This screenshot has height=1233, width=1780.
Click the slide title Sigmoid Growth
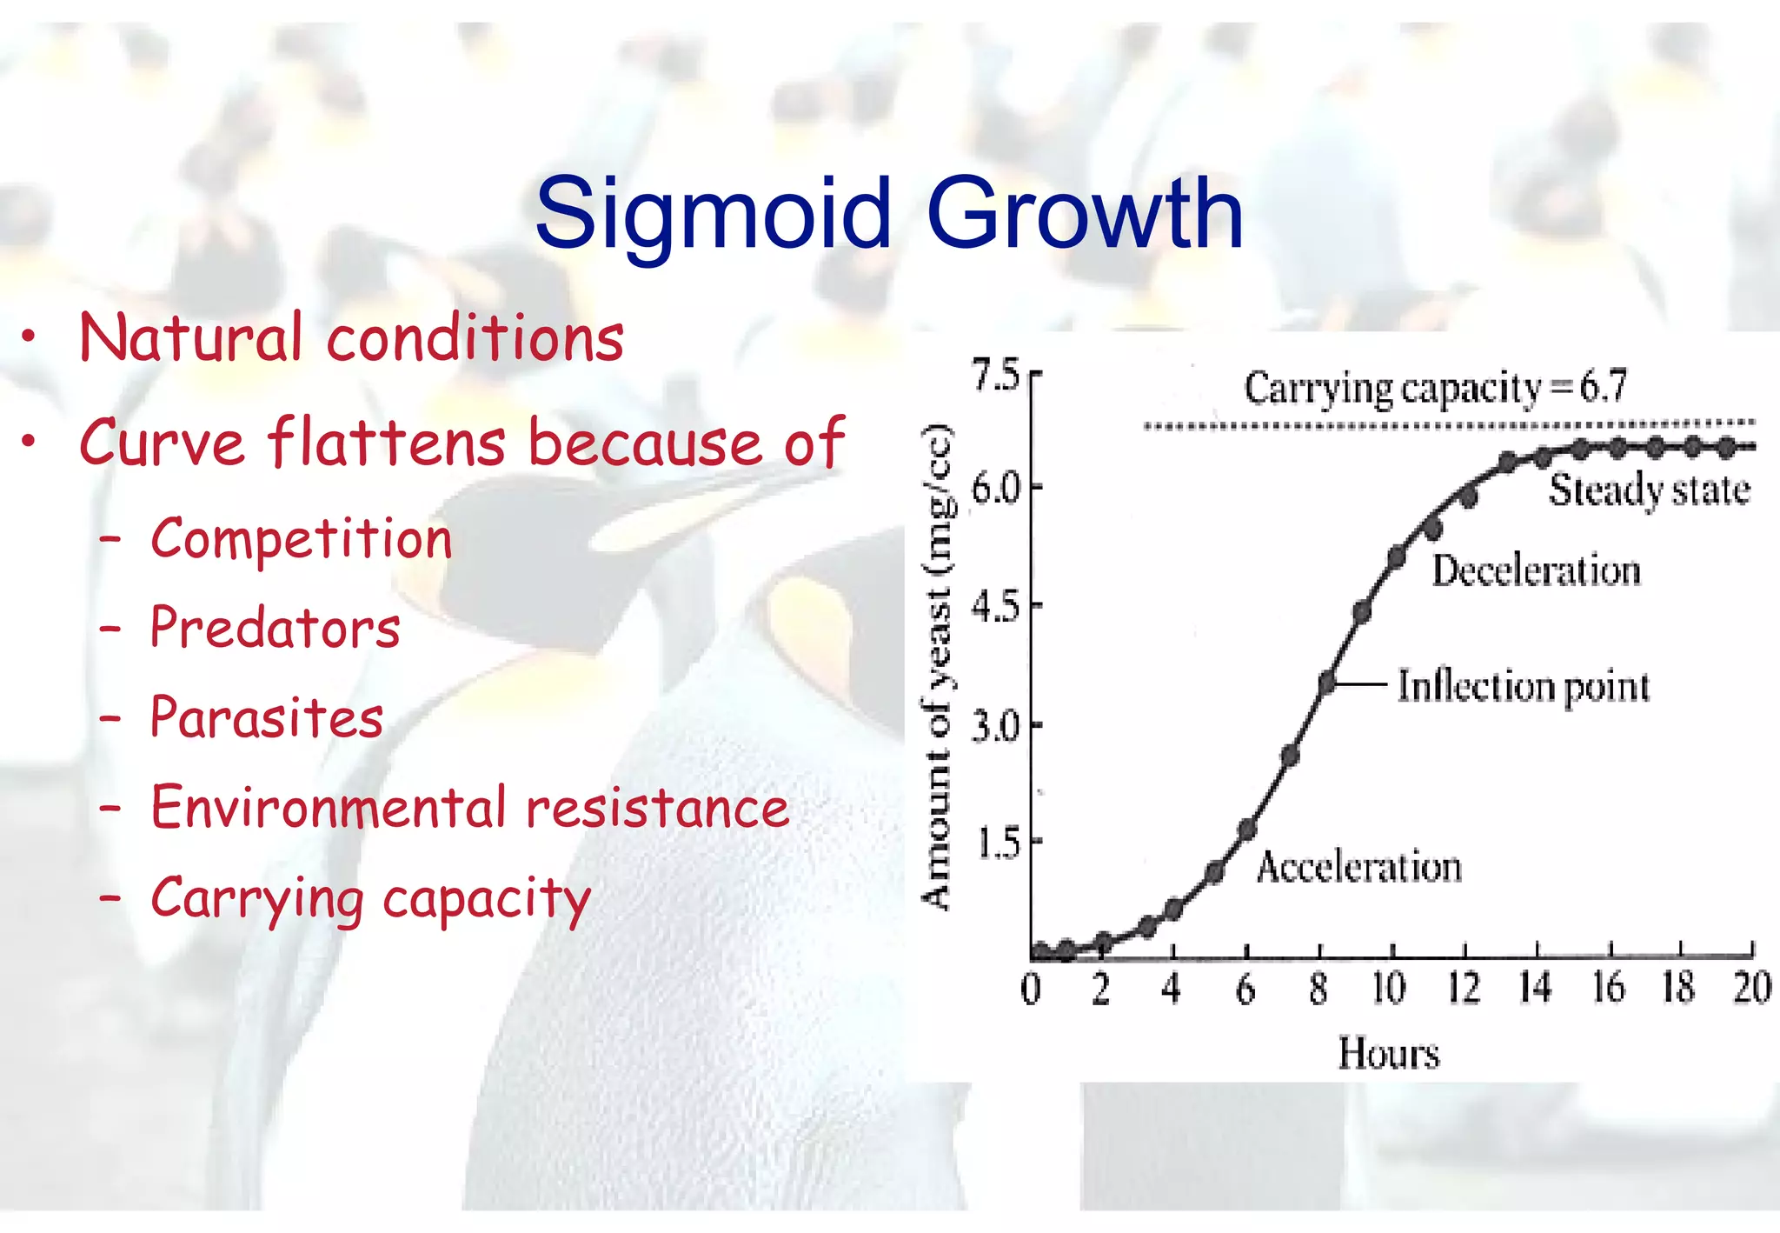888,214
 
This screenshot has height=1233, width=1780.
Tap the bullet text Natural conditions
351,337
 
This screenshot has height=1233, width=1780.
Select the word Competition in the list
302,539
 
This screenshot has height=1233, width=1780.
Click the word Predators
275,628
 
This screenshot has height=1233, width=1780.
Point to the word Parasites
267,718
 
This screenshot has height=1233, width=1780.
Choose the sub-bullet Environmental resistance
469,808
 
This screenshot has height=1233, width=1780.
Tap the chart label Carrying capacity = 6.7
1434,388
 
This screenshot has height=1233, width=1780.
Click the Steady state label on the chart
1649,490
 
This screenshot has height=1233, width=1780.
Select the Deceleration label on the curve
1536,571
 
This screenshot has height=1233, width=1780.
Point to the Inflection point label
1523,686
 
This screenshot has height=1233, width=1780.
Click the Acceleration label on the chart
1358,867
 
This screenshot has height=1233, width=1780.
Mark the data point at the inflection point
1327,683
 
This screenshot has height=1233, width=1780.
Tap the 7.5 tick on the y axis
996,377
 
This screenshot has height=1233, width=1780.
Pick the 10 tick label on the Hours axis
1388,989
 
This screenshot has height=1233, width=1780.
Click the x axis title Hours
1388,1053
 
